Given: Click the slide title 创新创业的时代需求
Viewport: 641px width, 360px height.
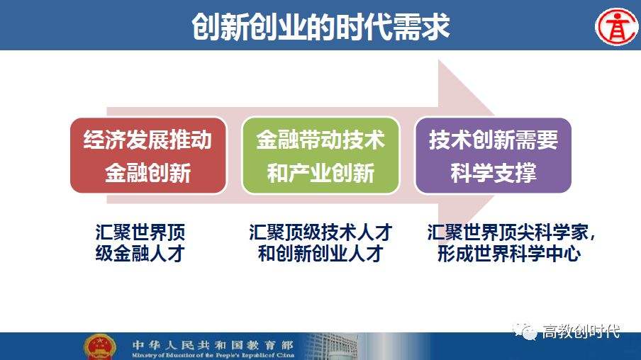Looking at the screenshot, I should click(x=320, y=27).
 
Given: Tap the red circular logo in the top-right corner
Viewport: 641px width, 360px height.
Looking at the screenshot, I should click(x=615, y=27).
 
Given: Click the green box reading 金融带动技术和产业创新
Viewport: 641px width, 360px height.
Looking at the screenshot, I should click(x=320, y=156).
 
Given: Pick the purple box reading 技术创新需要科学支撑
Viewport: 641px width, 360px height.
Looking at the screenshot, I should click(x=494, y=156).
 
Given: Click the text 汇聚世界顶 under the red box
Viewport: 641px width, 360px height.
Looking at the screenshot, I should click(x=140, y=233).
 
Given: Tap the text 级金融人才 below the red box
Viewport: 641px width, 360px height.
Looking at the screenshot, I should click(x=140, y=254).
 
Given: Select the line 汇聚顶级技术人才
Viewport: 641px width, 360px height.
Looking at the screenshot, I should click(x=320, y=233).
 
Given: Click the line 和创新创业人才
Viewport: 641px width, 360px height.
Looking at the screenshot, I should click(x=320, y=254).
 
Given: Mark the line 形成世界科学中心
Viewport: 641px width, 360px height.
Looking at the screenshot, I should click(x=510, y=254).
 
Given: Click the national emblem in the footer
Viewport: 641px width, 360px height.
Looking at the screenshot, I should click(x=100, y=347).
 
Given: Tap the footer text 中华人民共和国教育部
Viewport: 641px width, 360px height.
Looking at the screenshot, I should click(x=212, y=342).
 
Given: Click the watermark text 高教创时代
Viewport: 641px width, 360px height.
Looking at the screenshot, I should click(x=581, y=331).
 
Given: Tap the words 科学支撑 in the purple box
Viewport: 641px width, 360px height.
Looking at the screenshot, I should click(x=494, y=173).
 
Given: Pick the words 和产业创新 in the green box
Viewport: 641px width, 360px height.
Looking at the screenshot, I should click(x=320, y=173).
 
